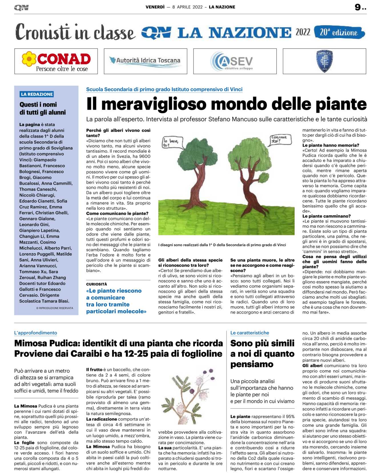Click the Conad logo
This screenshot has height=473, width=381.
(x=56, y=61)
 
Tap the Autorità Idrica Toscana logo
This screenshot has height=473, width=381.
(x=145, y=61)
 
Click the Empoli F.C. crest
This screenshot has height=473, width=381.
(x=324, y=61)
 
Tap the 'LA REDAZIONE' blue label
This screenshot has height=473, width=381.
(x=37, y=94)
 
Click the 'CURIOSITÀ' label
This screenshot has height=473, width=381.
(x=97, y=284)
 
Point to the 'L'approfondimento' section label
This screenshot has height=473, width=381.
(x=36, y=333)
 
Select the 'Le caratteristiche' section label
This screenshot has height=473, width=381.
(x=249, y=333)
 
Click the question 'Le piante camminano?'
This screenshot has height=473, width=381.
(x=326, y=216)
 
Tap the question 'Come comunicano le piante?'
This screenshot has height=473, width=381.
(x=117, y=214)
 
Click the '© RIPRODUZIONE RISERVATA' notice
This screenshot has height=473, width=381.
(x=55, y=308)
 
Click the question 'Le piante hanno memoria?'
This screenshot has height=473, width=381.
(x=330, y=145)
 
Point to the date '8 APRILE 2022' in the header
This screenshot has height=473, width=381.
(x=187, y=7)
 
